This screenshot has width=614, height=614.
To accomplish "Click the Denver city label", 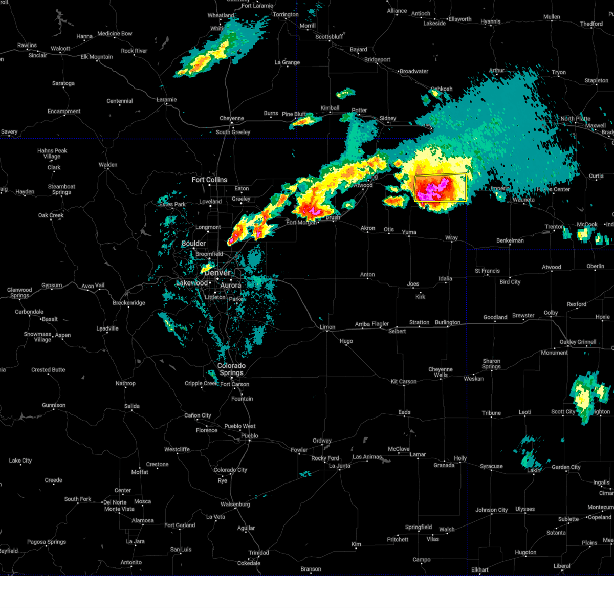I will [217, 273].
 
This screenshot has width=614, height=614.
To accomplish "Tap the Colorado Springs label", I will [231, 369].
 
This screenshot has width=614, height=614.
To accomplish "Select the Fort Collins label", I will [209, 180].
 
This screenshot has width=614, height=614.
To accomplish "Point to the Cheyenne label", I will [232, 118].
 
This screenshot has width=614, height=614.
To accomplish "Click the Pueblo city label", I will [250, 436].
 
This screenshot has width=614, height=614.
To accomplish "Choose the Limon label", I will [327, 327].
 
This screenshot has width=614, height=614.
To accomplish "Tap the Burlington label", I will [448, 322].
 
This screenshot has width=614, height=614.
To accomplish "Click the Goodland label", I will [495, 317].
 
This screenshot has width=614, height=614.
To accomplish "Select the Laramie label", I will [166, 100].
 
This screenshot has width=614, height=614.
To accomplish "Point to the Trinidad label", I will [258, 553].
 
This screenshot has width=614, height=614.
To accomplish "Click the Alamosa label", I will [143, 520].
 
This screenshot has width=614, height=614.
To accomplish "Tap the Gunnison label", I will [54, 405].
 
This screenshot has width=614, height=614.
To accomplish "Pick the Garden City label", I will [566, 467].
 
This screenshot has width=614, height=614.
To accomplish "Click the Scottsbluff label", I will [329, 37].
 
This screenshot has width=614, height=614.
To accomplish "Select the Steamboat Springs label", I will [61, 189].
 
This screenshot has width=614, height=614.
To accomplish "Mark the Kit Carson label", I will [404, 381].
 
